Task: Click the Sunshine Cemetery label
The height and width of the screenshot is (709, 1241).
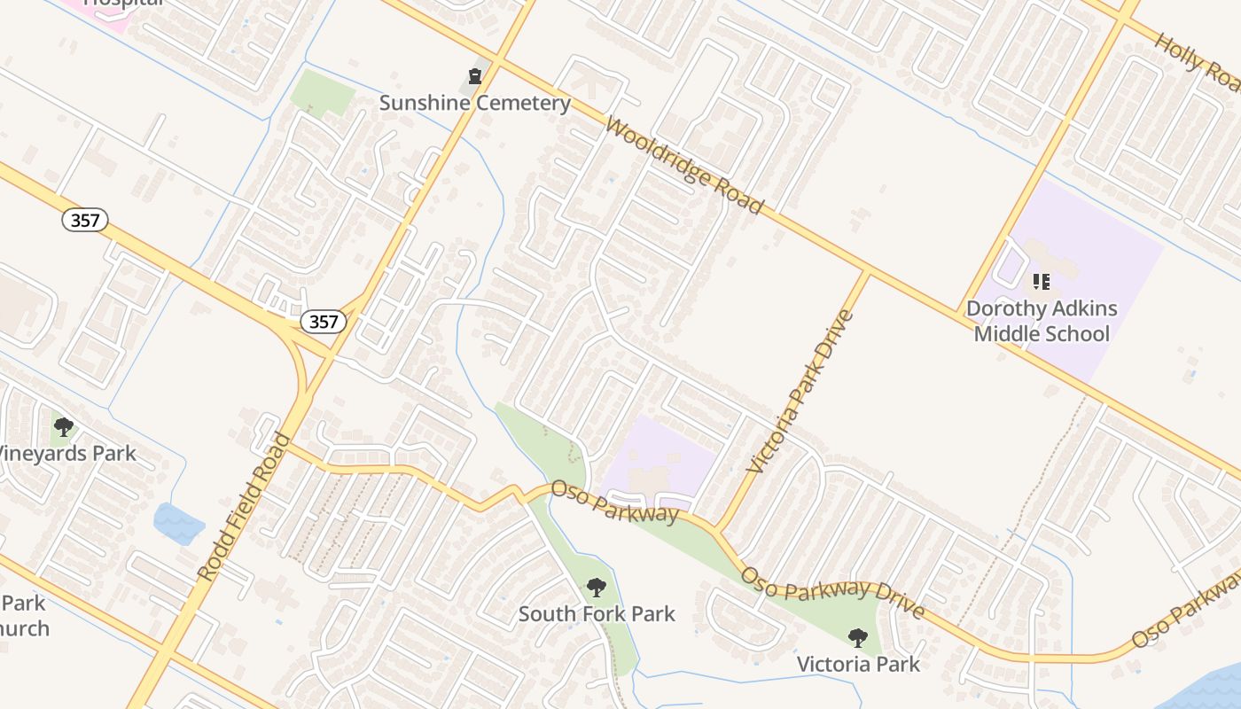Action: (x=474, y=103)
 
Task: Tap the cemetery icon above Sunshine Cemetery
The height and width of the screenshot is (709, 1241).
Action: (x=475, y=76)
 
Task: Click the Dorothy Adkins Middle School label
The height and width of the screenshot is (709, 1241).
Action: (x=1042, y=321)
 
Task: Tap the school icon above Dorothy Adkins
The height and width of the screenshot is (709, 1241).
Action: (x=1042, y=282)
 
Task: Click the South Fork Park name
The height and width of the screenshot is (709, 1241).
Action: (x=597, y=613)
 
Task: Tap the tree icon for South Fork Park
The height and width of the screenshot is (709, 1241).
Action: (x=597, y=587)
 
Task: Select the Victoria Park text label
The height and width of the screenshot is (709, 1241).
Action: (x=858, y=664)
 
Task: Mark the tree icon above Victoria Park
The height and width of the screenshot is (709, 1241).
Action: (x=857, y=637)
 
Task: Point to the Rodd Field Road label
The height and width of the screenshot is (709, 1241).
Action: (x=244, y=507)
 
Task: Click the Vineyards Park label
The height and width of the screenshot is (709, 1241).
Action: (x=67, y=454)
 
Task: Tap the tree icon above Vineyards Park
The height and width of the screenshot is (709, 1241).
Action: (x=64, y=427)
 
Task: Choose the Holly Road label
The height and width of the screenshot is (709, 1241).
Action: (x=1197, y=62)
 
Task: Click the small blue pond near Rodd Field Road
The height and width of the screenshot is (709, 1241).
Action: (x=178, y=522)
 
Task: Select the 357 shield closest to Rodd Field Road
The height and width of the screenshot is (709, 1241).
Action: (x=324, y=322)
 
